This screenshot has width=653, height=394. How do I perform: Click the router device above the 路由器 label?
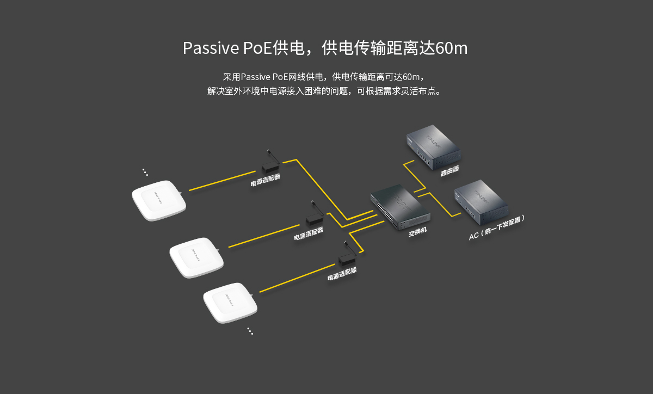click(434, 147)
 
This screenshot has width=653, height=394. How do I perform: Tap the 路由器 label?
click(450, 171)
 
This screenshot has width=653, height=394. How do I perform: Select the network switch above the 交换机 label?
click(401, 206)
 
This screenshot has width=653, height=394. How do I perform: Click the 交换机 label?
click(417, 232)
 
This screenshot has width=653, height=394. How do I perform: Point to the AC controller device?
click(481, 202)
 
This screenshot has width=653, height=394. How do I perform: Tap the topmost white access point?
click(159, 200)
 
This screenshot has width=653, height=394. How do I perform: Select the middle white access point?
click(196, 257)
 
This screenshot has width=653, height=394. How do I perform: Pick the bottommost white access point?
click(230, 303)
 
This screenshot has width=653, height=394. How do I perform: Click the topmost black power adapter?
click(270, 163)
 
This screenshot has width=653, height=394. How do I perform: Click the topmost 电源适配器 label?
click(266, 180)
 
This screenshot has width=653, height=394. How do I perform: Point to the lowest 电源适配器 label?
click(342, 274)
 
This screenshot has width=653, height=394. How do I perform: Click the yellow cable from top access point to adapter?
click(222, 181)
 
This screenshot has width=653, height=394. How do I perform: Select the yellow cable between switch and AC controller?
click(438, 205)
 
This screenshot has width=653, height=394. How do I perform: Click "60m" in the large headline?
click(452, 48)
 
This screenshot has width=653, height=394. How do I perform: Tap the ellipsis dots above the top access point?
click(145, 172)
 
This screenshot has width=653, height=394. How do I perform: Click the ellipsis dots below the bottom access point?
click(250, 331)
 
